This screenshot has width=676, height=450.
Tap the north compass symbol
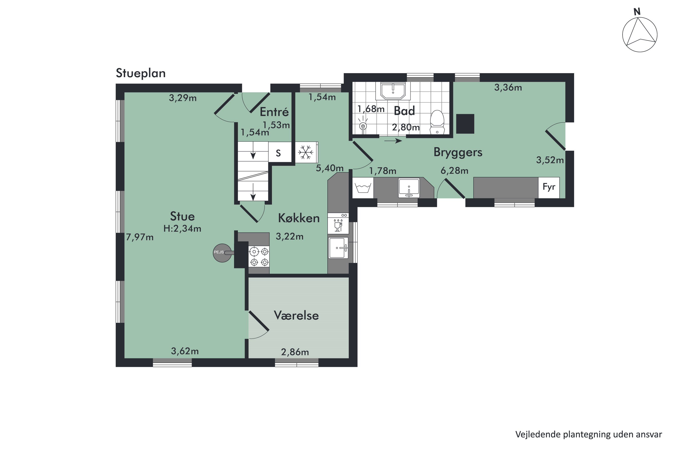(639, 34)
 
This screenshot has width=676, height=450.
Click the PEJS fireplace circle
(222, 253)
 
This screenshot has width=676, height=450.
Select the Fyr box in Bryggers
(549, 187)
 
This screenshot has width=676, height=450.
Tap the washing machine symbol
(363, 188)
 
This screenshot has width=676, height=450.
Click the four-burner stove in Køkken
(259, 256)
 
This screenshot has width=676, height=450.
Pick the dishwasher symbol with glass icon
(338, 223)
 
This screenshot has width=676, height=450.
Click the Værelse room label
(296, 315)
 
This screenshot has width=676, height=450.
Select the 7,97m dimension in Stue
(140, 237)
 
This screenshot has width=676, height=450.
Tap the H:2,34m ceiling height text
(182, 229)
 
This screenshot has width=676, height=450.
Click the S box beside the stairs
(279, 153)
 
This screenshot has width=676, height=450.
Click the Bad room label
(404, 111)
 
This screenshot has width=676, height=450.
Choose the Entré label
(274, 112)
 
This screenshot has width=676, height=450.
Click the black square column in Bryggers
(465, 124)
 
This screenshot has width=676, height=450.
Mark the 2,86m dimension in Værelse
(295, 352)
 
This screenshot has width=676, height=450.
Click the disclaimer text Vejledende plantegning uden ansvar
(588, 434)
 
